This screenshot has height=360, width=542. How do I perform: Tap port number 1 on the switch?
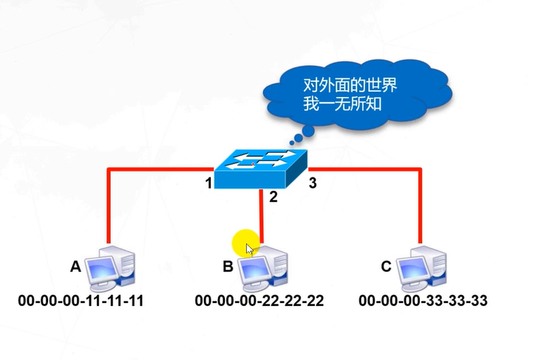(210, 183)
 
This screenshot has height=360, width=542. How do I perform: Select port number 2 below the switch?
(273, 196)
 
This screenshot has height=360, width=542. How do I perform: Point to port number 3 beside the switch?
(312, 183)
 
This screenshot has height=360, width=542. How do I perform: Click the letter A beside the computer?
(75, 267)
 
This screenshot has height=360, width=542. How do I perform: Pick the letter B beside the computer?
(228, 267)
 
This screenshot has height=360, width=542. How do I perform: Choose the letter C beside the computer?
(385, 267)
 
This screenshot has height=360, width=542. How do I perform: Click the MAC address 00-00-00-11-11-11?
(81, 301)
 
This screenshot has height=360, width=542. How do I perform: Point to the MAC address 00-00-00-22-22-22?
(259, 301)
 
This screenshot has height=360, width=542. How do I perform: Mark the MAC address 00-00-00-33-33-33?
(423, 301)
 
